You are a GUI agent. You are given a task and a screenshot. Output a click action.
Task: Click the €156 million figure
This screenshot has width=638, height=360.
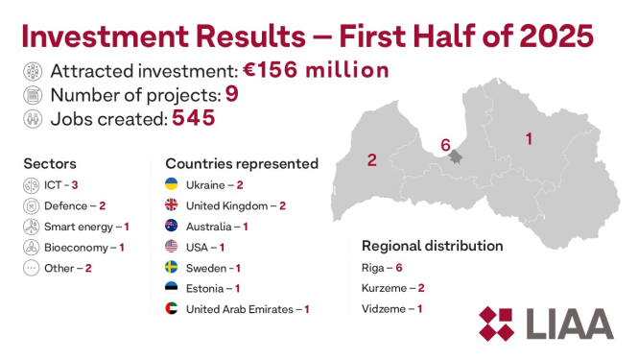318,70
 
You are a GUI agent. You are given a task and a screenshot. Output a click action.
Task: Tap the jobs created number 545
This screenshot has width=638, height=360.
193,118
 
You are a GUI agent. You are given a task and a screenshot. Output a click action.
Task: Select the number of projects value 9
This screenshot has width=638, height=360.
230,94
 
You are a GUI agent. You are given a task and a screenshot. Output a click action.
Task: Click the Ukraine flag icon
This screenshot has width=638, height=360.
172,184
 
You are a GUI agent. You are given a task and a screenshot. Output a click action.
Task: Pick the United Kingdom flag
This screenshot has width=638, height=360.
172,205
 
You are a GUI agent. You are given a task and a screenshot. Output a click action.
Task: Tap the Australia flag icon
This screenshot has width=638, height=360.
172,227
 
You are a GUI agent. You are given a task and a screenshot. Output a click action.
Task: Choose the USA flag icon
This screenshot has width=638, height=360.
172,247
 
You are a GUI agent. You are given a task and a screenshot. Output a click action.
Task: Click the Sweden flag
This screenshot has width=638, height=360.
172,268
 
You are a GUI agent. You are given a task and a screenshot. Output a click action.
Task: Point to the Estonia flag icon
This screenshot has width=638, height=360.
172,288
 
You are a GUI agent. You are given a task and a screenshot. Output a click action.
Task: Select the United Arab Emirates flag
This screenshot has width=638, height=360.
172,309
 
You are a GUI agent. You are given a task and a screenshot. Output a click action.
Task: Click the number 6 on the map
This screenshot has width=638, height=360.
444,145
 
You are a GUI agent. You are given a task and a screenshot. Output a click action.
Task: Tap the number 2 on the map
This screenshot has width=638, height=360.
371,160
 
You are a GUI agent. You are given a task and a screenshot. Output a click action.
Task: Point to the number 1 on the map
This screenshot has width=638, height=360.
529,139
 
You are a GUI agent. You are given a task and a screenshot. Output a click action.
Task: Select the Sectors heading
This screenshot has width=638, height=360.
50,164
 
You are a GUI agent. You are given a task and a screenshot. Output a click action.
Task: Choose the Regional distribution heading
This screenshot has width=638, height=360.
432,246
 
